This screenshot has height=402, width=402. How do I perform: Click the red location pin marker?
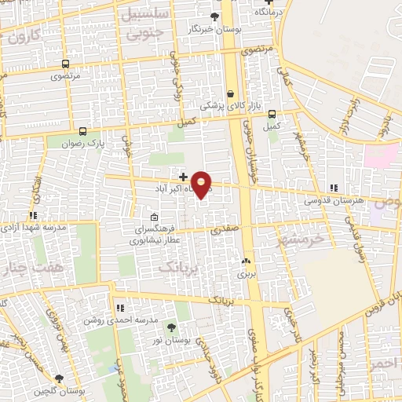point(202,185)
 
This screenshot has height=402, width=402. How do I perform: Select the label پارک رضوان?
point(84,144)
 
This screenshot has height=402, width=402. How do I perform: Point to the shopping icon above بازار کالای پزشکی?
point(231,92)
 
